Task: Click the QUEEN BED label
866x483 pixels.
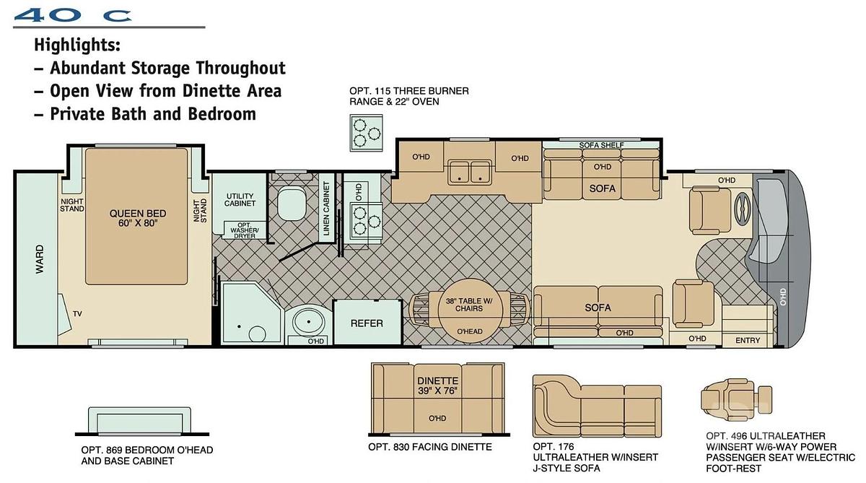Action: (138, 214)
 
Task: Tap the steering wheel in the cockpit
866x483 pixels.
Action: (743, 208)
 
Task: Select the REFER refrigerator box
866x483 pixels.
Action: (367, 322)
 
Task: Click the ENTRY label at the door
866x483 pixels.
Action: (748, 340)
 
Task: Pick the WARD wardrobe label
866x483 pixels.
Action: (40, 258)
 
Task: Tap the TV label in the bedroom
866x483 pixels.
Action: (77, 313)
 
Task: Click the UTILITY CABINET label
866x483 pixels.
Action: (240, 199)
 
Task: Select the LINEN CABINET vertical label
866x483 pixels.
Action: (326, 209)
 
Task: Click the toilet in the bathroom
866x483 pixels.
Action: (292, 203)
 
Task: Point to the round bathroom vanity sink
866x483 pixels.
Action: (309, 322)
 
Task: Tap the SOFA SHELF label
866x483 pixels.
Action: (601, 145)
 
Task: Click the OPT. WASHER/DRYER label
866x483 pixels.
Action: (245, 230)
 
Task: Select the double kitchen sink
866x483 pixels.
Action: (470, 173)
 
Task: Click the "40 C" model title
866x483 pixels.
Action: (73, 15)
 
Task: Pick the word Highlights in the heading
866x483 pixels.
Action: (77, 45)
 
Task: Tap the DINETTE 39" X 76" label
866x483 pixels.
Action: (437, 386)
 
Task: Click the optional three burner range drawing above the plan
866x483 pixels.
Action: (366, 133)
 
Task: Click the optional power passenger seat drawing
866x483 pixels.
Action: (736, 400)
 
